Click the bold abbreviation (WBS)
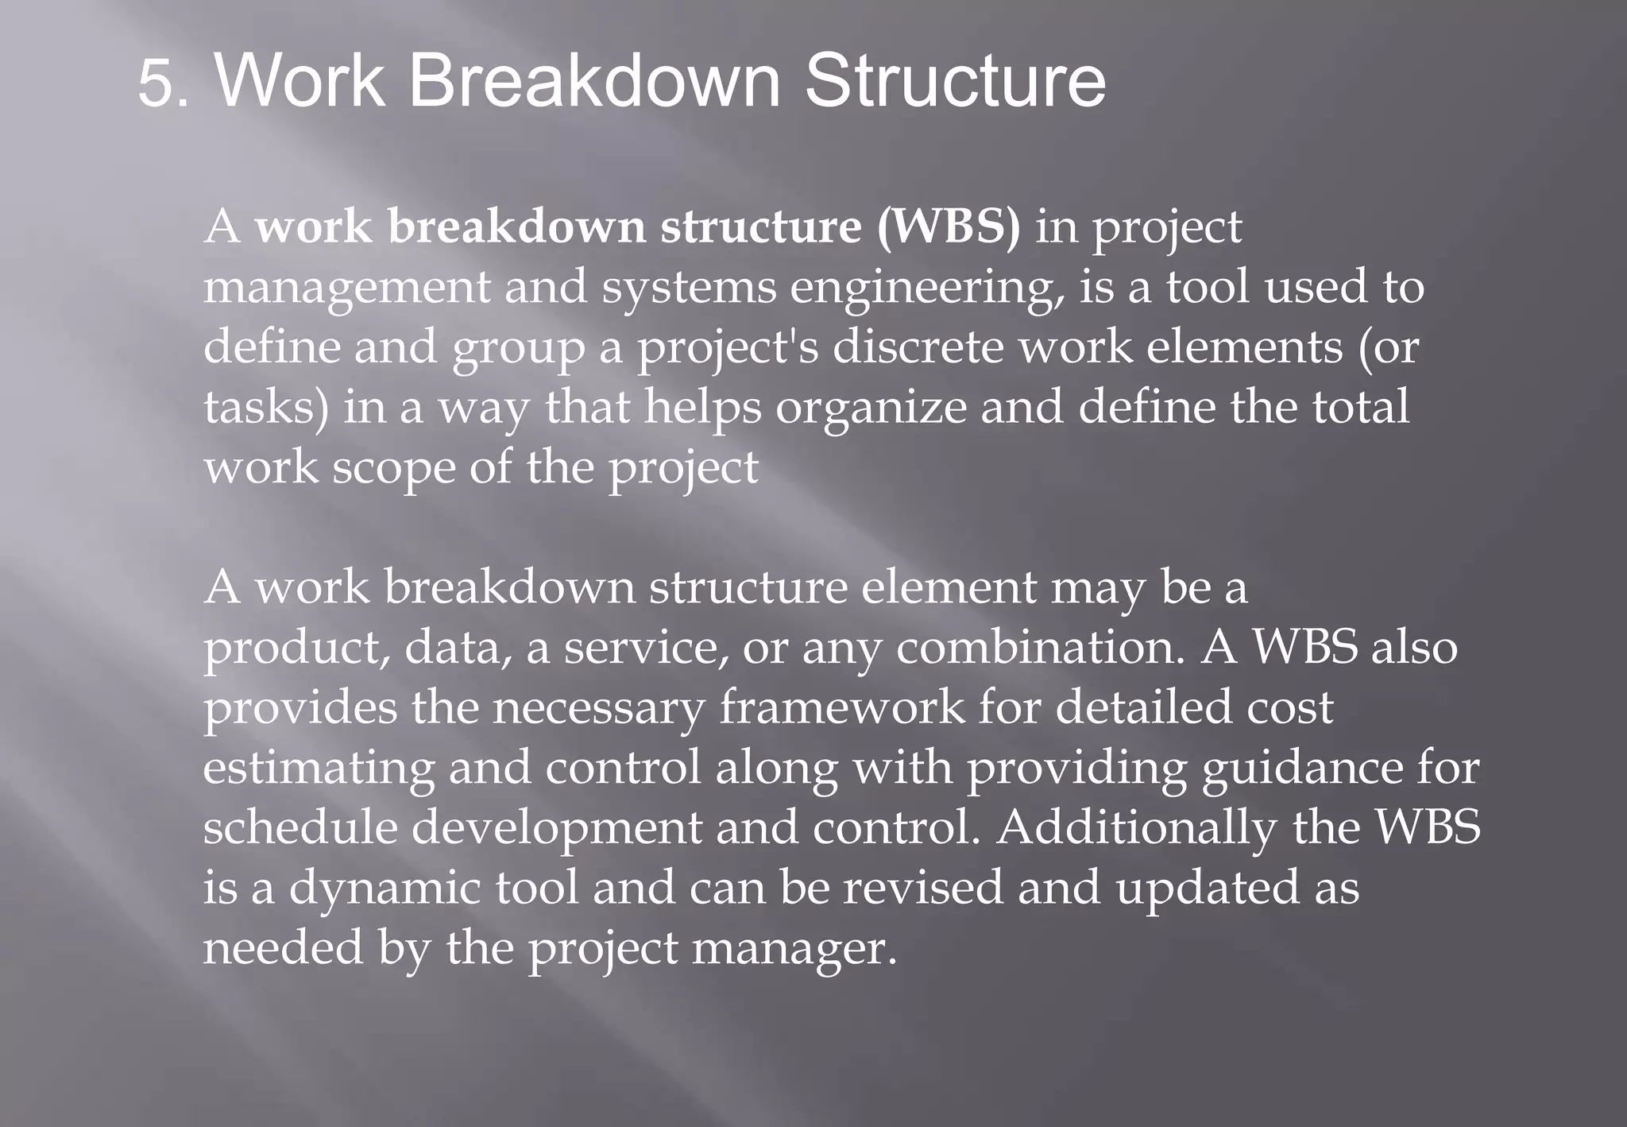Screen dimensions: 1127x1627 (949, 227)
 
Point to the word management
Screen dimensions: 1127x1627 (347, 287)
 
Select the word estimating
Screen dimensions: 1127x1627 (319, 768)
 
